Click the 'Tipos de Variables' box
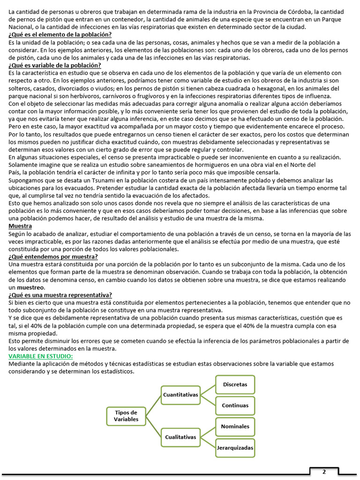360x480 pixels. [126, 416]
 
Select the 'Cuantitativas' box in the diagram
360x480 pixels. [180, 395]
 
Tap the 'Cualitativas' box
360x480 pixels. [180, 437]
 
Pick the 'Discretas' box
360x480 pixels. [235, 384]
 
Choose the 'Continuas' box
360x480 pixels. [235, 405]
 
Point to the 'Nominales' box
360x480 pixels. [235, 427]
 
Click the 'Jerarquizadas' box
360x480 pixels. [235, 448]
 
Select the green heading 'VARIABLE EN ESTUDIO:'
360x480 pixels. [41, 357]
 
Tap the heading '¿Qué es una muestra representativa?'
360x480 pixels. [60, 295]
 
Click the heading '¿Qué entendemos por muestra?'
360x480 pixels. [53, 256]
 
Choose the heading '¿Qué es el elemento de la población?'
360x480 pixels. [60, 35]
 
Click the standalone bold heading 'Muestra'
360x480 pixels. [20, 226]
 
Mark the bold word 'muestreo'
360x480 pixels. [31, 287]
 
